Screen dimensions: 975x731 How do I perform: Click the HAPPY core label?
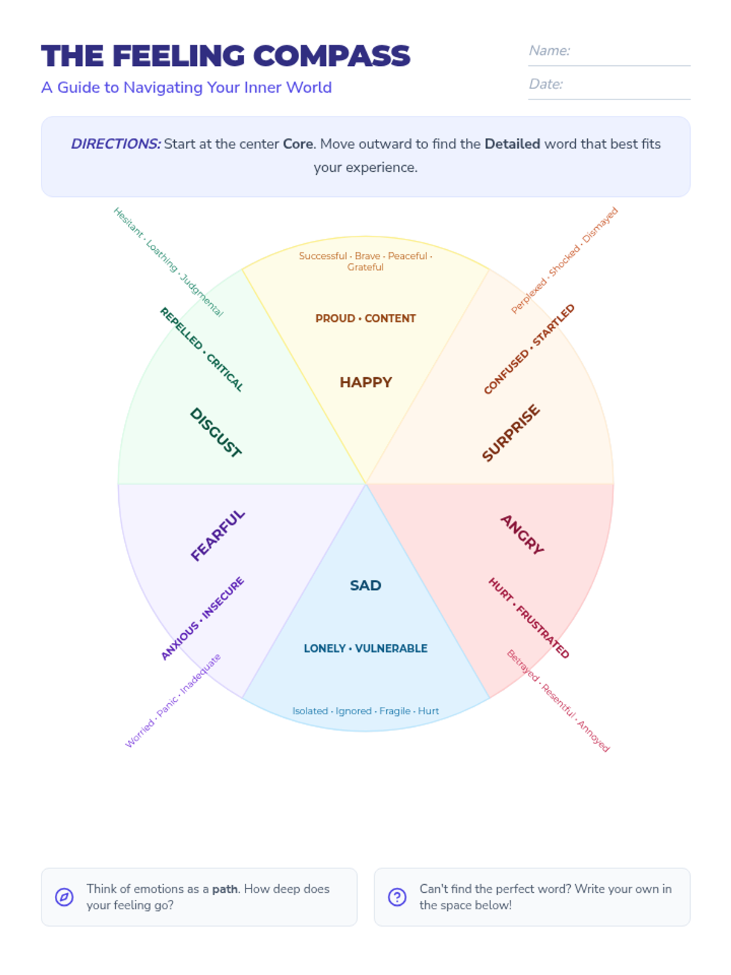[365, 382]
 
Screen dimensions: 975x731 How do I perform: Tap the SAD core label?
[365, 585]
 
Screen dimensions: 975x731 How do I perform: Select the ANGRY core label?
[522, 534]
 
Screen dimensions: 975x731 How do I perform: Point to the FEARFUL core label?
[217, 535]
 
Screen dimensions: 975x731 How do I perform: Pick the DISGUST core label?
[216, 432]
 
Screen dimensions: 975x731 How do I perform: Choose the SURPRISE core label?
[510, 433]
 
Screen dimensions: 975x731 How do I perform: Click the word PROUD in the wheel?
[335, 318]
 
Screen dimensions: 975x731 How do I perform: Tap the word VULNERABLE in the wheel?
[391, 648]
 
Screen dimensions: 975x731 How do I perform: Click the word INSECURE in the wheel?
[223, 598]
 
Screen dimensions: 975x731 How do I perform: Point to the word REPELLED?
[181, 328]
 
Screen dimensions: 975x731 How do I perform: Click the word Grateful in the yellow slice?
[365, 267]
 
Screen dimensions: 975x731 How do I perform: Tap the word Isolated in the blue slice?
[310, 711]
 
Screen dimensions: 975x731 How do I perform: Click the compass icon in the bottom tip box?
[64, 897]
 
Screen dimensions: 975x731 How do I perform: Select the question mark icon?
[397, 897]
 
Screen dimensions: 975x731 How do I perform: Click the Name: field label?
[549, 51]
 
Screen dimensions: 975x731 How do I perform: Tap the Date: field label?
[546, 84]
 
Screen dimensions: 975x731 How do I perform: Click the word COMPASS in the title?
[331, 56]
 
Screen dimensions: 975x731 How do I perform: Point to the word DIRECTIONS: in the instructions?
[116, 144]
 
